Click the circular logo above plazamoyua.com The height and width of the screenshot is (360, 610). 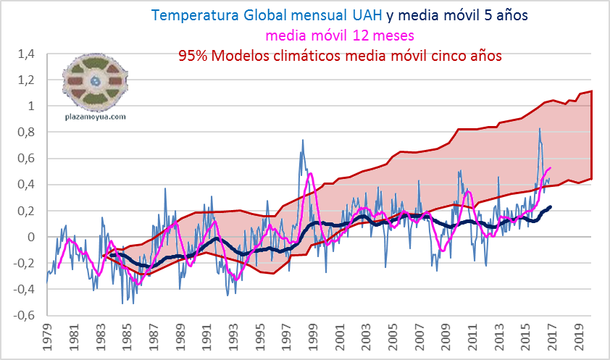pyautogui.click(x=95, y=80)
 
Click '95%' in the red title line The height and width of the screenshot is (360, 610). pyautogui.click(x=196, y=55)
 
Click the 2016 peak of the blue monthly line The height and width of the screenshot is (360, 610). pyautogui.click(x=539, y=129)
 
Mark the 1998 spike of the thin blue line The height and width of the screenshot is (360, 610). pyautogui.click(x=302, y=141)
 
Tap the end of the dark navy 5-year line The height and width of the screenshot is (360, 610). pyautogui.click(x=551, y=206)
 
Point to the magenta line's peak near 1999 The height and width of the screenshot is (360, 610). pyautogui.click(x=311, y=174)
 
